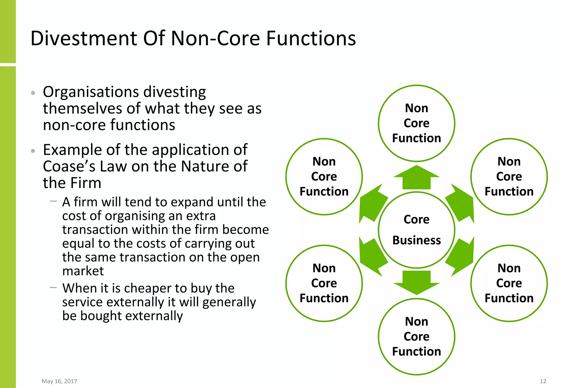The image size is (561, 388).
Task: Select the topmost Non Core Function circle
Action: (416, 123)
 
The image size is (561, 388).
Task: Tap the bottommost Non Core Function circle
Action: (416, 337)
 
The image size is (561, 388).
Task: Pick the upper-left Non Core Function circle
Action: (324, 176)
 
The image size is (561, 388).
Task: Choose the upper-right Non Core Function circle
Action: (509, 176)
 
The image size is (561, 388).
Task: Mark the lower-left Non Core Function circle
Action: (324, 283)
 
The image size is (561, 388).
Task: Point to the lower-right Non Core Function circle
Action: (509, 283)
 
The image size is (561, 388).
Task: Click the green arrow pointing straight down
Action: (416, 282)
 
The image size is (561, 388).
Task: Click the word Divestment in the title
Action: (84, 38)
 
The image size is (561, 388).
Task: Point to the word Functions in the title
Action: (311, 38)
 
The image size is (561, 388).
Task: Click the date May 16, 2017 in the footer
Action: (59, 381)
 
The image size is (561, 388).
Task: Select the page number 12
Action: (543, 381)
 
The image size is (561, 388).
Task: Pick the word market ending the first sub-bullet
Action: (83, 271)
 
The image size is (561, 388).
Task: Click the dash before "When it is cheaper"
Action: (53, 288)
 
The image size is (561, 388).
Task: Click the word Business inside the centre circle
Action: (416, 240)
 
